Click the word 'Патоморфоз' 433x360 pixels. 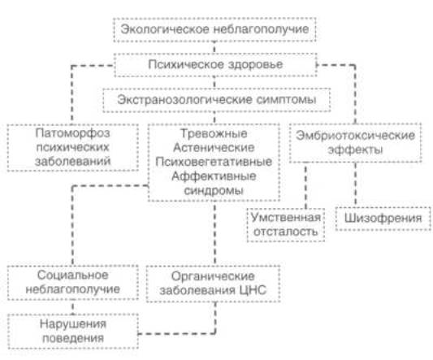pos(72,133)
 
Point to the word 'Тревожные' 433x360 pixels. pos(214,134)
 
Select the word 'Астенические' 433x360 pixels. pos(214,148)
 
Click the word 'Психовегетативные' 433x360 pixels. pos(214,162)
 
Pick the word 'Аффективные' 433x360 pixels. pos(214,176)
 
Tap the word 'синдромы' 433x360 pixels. pos(214,191)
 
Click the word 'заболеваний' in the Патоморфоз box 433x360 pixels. pos(72,162)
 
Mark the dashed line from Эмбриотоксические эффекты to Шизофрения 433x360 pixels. pos(355,184)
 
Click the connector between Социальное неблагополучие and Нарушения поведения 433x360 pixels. pos(73,307)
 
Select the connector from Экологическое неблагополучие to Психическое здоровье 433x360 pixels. pos(214,48)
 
